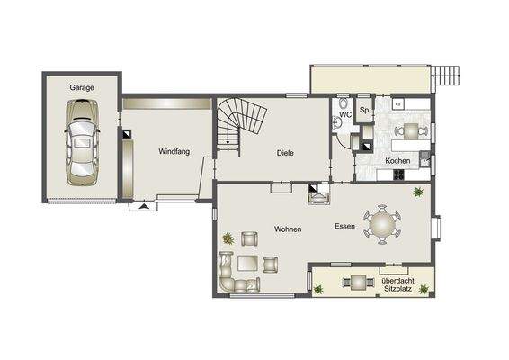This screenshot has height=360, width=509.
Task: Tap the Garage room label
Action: [x=83, y=88]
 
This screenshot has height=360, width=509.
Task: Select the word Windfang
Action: [x=174, y=151]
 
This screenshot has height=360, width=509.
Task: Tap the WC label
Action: [x=345, y=115]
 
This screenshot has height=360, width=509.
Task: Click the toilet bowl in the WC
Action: [x=338, y=126]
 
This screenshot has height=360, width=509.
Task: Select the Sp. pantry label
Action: [x=364, y=110]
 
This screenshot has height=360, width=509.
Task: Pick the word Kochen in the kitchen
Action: [x=398, y=161]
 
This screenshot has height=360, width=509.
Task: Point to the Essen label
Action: [x=344, y=226]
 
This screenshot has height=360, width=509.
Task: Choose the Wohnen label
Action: [x=288, y=229]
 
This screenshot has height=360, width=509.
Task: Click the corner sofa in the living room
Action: [x=232, y=274]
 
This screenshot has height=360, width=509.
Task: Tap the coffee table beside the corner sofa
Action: [x=269, y=264]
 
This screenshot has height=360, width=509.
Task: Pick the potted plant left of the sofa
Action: [x=228, y=238]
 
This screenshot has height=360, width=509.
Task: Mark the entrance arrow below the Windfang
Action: [x=142, y=207]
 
